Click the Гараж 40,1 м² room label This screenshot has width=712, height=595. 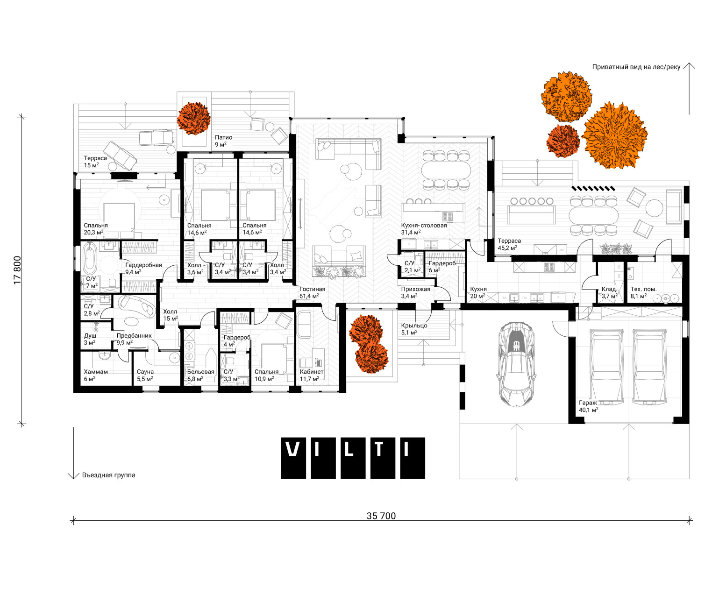coord(588,406)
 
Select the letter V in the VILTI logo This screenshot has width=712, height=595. coord(293,449)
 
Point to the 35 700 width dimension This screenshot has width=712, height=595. coord(381,516)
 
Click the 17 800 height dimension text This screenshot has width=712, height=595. coord(17,270)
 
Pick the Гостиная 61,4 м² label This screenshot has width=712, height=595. coord(312,292)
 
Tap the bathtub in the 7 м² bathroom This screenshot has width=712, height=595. coord(90,258)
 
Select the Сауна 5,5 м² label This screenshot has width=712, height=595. coord(145,375)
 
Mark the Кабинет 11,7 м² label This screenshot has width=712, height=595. coord(311,375)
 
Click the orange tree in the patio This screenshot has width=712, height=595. coord(193,118)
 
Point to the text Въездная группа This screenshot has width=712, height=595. coord(108,475)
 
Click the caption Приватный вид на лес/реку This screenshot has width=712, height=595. coord(636,67)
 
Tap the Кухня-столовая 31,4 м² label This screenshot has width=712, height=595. coord(424,229)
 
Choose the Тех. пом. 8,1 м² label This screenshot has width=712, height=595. coord(643,292)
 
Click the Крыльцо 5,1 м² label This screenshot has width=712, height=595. coord(414,329)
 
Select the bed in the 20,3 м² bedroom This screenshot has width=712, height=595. coord(119,219)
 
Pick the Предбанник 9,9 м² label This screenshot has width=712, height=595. coord(134,339)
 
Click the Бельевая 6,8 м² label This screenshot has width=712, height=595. coord(201,375)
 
